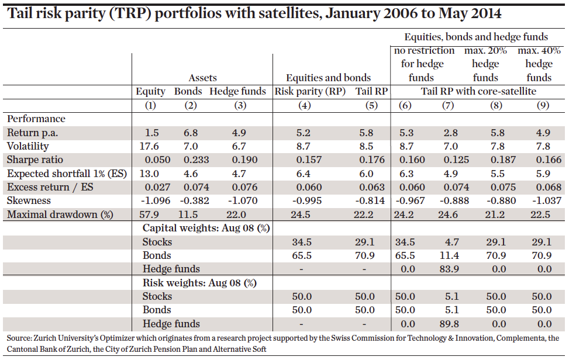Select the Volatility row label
(27, 146)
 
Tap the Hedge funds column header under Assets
(237, 91)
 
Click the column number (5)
(371, 105)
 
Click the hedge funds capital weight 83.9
(448, 269)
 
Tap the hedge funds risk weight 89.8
(448, 324)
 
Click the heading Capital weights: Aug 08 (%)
(205, 228)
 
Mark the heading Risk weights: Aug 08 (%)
(199, 283)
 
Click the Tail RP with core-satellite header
(478, 91)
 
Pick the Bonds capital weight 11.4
(448, 255)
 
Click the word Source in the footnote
(19, 338)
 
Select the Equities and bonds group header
(328, 78)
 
